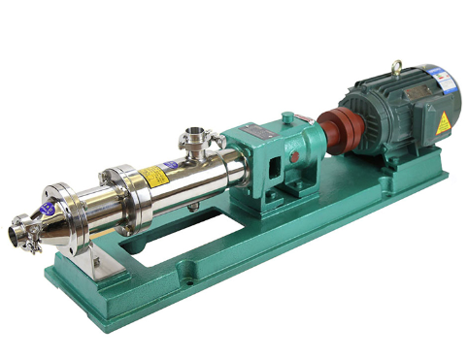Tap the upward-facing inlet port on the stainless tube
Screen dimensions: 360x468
coord(195,133)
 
